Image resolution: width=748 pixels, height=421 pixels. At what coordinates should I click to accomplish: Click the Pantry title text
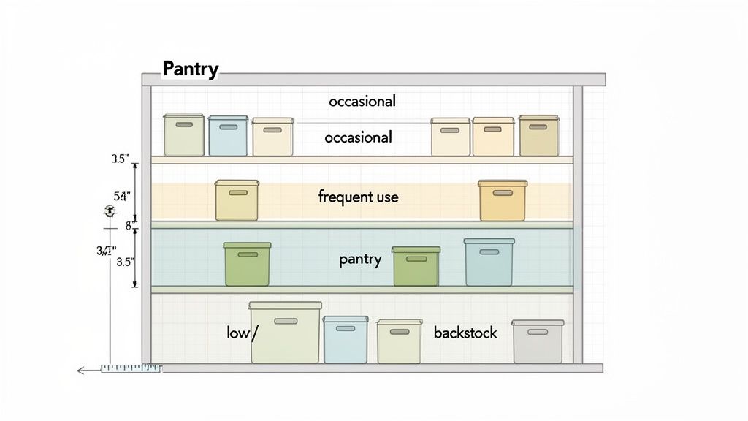(x=190, y=69)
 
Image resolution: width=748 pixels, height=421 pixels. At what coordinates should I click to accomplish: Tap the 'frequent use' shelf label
(x=358, y=197)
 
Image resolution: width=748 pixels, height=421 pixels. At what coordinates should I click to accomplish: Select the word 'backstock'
(x=465, y=333)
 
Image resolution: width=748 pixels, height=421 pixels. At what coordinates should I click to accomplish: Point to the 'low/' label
(x=243, y=333)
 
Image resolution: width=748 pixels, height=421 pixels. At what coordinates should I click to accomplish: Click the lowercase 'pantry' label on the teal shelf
(x=360, y=259)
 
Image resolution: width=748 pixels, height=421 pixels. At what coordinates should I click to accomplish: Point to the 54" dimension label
(x=121, y=196)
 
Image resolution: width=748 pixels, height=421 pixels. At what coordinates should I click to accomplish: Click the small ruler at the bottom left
(x=130, y=368)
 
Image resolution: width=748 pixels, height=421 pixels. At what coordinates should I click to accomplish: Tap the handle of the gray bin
(x=538, y=332)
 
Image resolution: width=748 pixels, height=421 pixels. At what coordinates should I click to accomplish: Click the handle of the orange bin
(x=503, y=193)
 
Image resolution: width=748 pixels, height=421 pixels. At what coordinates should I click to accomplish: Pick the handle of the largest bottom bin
(x=286, y=321)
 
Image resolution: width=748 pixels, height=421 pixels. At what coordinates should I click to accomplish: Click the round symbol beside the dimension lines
(x=110, y=211)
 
